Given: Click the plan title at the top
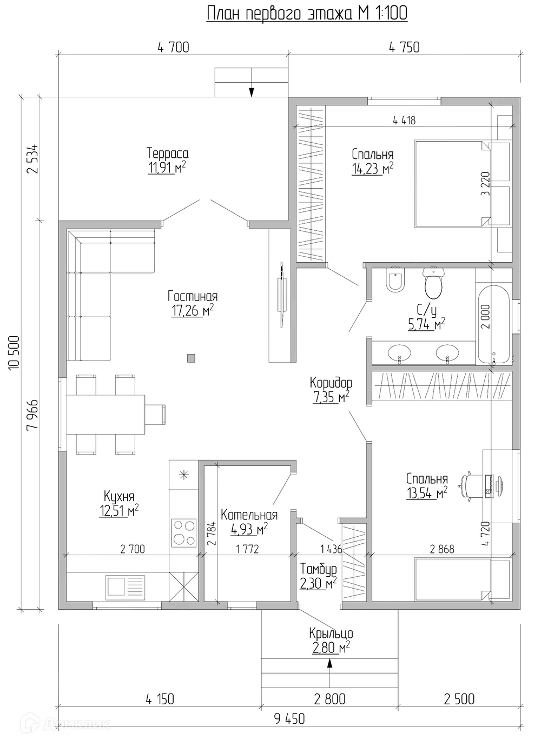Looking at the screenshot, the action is click(x=307, y=14).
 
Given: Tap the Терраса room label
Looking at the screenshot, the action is click(x=167, y=154).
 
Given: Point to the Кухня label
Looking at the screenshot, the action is click(x=118, y=496).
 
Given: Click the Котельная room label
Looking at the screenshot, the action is click(x=249, y=515).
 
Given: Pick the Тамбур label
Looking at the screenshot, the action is click(x=319, y=569).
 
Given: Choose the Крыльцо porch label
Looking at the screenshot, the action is click(x=331, y=633).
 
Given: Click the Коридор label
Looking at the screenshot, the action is click(x=331, y=383).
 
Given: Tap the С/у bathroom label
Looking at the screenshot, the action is click(x=426, y=310).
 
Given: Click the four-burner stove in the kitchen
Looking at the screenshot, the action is click(x=184, y=532).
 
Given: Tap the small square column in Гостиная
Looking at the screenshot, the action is click(x=190, y=357).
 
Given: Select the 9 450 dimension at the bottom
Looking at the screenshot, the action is click(x=289, y=719).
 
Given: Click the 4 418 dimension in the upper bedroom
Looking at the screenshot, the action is click(x=404, y=121).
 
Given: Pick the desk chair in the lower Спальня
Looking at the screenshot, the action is click(x=469, y=482).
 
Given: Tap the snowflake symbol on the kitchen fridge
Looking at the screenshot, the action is click(x=184, y=475).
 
